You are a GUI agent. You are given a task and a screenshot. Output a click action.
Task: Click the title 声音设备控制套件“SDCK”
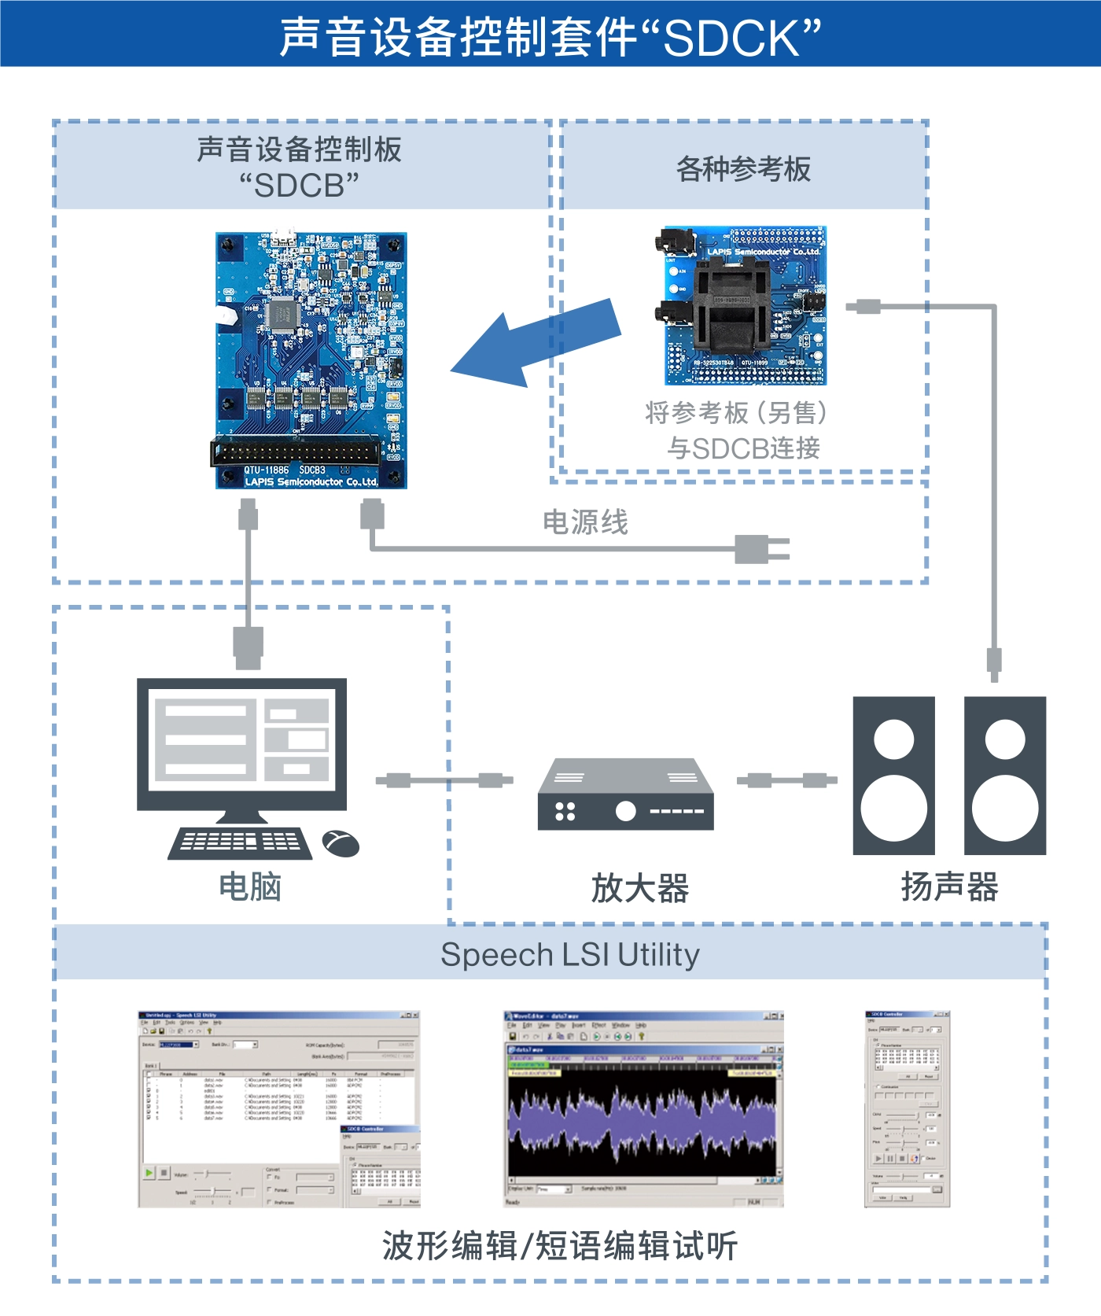(x=550, y=38)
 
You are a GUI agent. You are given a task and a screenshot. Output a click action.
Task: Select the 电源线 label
(x=585, y=522)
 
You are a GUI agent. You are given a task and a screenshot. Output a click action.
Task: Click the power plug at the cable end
(x=760, y=549)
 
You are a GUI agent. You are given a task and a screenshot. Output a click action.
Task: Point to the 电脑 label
(x=250, y=887)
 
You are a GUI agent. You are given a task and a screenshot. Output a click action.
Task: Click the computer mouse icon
(x=341, y=844)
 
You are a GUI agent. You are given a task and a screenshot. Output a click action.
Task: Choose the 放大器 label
(x=639, y=888)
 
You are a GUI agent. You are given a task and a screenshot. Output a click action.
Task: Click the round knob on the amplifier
(x=625, y=811)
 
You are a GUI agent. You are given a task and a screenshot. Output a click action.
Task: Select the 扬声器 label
(x=949, y=887)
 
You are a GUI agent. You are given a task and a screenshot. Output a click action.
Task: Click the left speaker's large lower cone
(x=894, y=809)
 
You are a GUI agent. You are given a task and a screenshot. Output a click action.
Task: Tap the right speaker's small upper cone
(x=1004, y=739)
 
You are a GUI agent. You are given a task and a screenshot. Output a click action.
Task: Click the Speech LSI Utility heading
(x=569, y=955)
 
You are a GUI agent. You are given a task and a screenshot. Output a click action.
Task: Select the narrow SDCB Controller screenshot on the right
(x=908, y=1109)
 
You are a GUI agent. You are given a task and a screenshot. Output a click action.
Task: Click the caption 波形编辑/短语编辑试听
(x=559, y=1246)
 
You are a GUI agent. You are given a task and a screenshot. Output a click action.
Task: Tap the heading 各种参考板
(x=743, y=169)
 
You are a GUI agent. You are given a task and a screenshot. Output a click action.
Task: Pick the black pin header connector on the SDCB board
(x=296, y=452)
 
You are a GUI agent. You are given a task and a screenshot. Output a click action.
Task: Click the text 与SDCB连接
(x=743, y=448)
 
